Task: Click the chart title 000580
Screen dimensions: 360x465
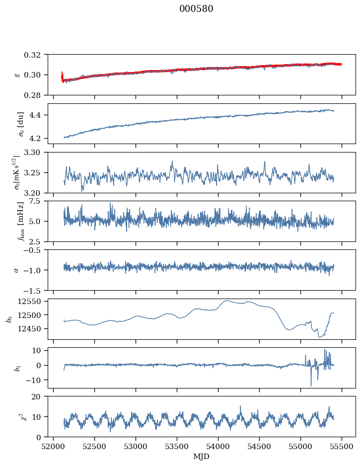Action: click(196, 8)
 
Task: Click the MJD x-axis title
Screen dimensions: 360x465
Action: click(201, 457)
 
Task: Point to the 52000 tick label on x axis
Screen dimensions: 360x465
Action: click(53, 447)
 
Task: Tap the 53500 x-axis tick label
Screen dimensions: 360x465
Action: click(177, 447)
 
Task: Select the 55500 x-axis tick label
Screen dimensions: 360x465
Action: click(342, 447)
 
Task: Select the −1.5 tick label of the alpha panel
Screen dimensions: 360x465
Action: click(34, 290)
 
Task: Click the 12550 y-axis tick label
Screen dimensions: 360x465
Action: click(30, 302)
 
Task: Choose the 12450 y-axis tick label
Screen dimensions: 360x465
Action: click(30, 328)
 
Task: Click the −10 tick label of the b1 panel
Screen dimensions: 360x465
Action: click(34, 380)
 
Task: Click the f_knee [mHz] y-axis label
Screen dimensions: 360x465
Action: click(20, 221)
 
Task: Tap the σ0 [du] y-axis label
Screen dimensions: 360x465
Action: click(20, 124)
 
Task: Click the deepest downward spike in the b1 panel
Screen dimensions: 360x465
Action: click(311, 386)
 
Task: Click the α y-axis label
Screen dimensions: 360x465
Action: click(16, 270)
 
